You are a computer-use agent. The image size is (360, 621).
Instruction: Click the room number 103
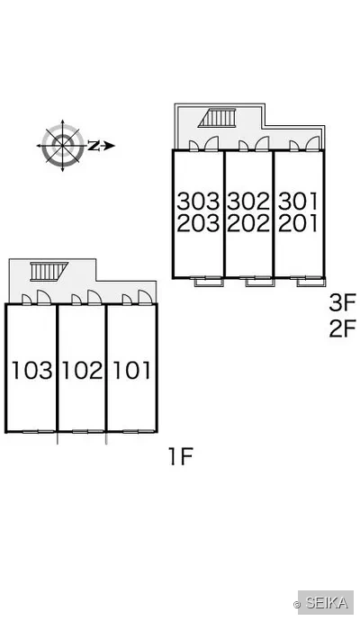31,371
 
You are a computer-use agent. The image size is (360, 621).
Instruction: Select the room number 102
83,371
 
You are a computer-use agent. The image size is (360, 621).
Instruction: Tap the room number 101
132,371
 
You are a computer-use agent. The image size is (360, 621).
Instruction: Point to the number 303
198,202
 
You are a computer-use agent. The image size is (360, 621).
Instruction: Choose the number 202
248,223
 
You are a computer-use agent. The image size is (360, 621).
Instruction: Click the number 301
298,202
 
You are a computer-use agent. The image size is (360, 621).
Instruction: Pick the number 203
198,223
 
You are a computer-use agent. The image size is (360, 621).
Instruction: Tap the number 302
248,202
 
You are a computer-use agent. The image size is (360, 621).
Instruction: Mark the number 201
298,223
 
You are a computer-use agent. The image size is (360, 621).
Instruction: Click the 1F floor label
181,455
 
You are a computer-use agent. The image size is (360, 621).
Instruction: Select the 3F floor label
342,302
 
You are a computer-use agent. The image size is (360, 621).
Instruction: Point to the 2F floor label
342,328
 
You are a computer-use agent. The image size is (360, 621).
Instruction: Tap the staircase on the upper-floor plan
217,118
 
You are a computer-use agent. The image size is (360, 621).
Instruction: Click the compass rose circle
63,145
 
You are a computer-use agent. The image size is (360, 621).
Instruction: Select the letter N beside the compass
93,146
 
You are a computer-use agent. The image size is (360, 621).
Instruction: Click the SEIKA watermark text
327,603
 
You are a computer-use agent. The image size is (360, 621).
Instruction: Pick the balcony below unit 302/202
260,283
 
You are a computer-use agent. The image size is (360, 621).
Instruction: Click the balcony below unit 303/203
209,283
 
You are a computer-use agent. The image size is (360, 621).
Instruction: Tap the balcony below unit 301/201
311,283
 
